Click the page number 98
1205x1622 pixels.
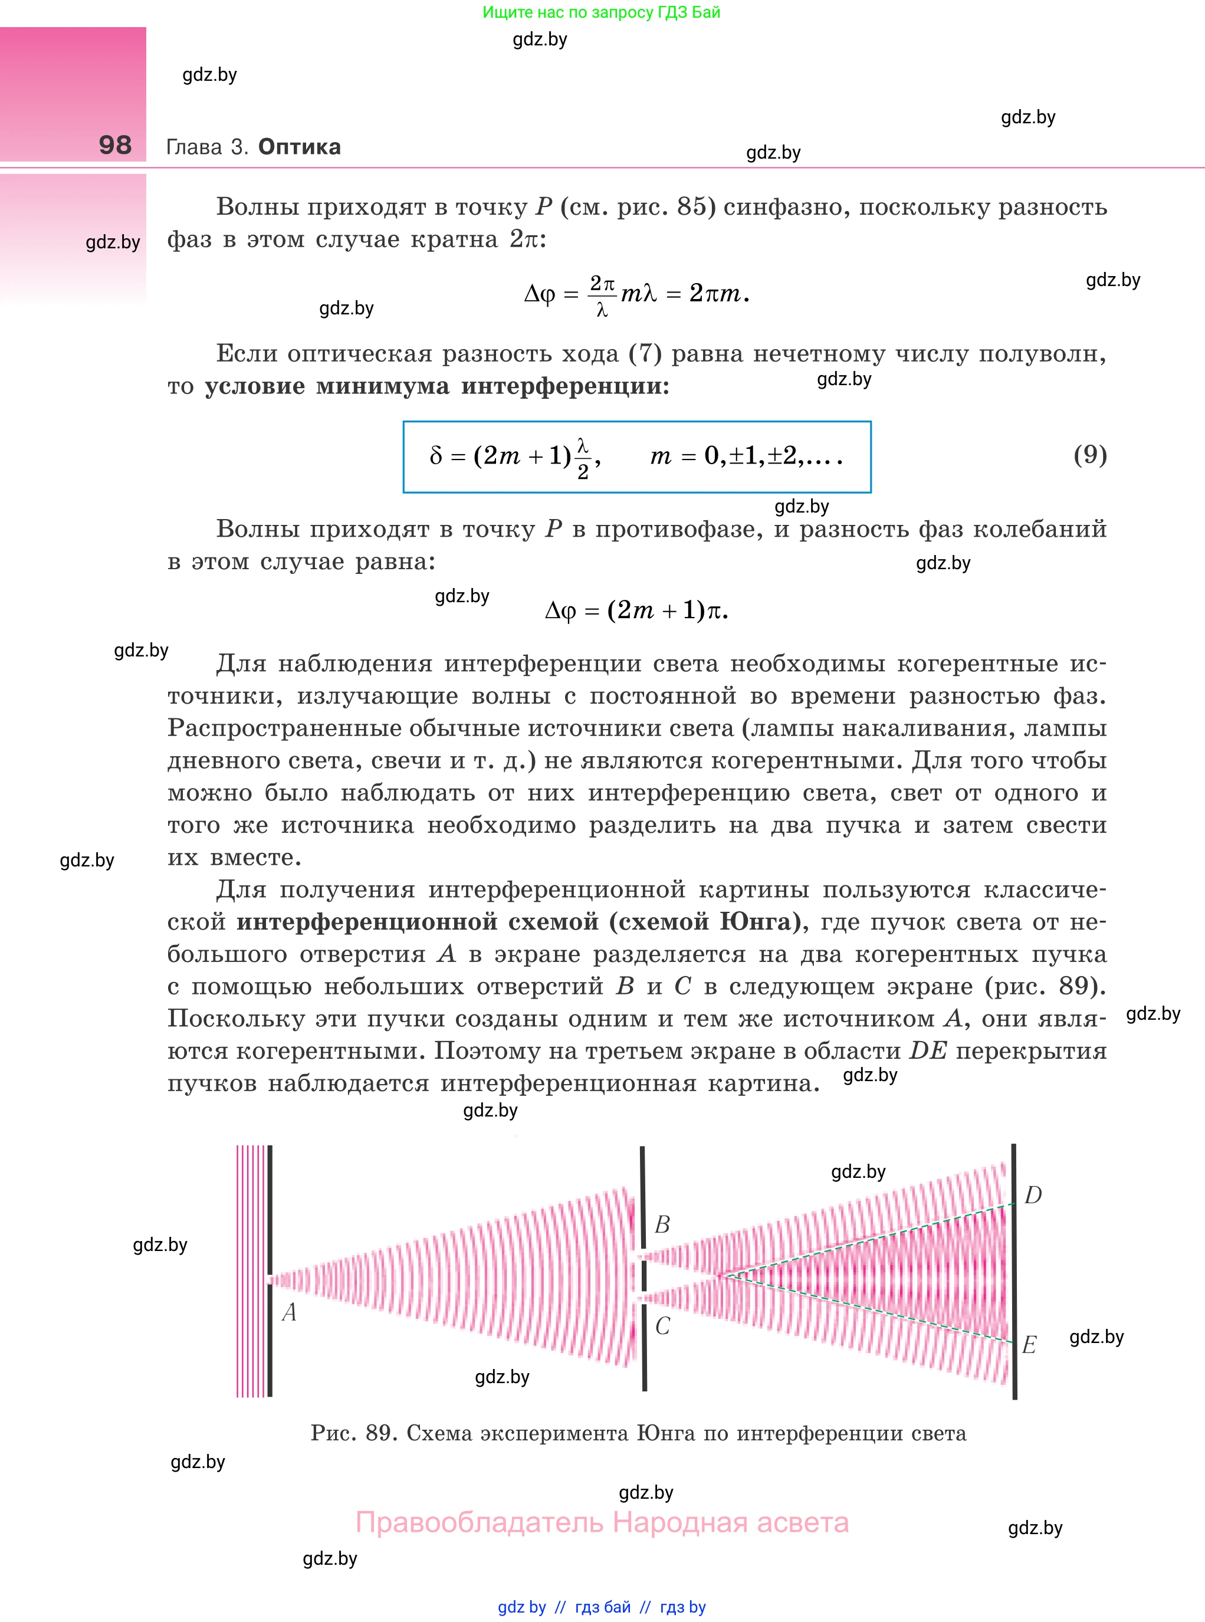[x=115, y=145]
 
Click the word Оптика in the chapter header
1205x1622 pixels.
[x=299, y=147]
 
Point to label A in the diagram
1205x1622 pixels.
[x=289, y=1313]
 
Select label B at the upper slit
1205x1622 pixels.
[x=662, y=1224]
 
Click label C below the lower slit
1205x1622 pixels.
[x=662, y=1326]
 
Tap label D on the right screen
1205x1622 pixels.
[x=1033, y=1196]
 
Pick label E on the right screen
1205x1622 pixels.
[x=1029, y=1345]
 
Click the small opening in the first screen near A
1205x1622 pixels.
[x=271, y=1280]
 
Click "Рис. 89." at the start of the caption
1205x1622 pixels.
[x=354, y=1433]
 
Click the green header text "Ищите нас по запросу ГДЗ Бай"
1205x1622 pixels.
[x=601, y=12]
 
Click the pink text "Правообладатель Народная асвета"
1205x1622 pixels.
[x=602, y=1523]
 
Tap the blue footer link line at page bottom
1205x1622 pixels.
[x=602, y=1607]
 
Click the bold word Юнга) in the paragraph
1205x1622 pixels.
[x=764, y=922]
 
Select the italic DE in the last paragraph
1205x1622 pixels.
[x=928, y=1051]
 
